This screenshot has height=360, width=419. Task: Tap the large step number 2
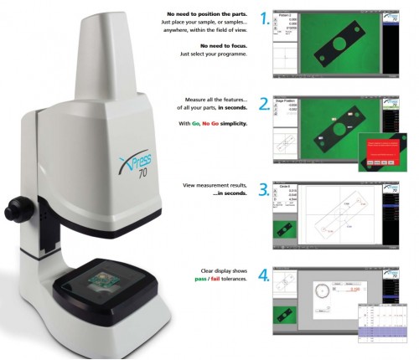point(265,105)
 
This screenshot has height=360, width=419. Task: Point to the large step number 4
point(265,275)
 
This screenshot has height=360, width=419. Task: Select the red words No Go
point(212,124)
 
